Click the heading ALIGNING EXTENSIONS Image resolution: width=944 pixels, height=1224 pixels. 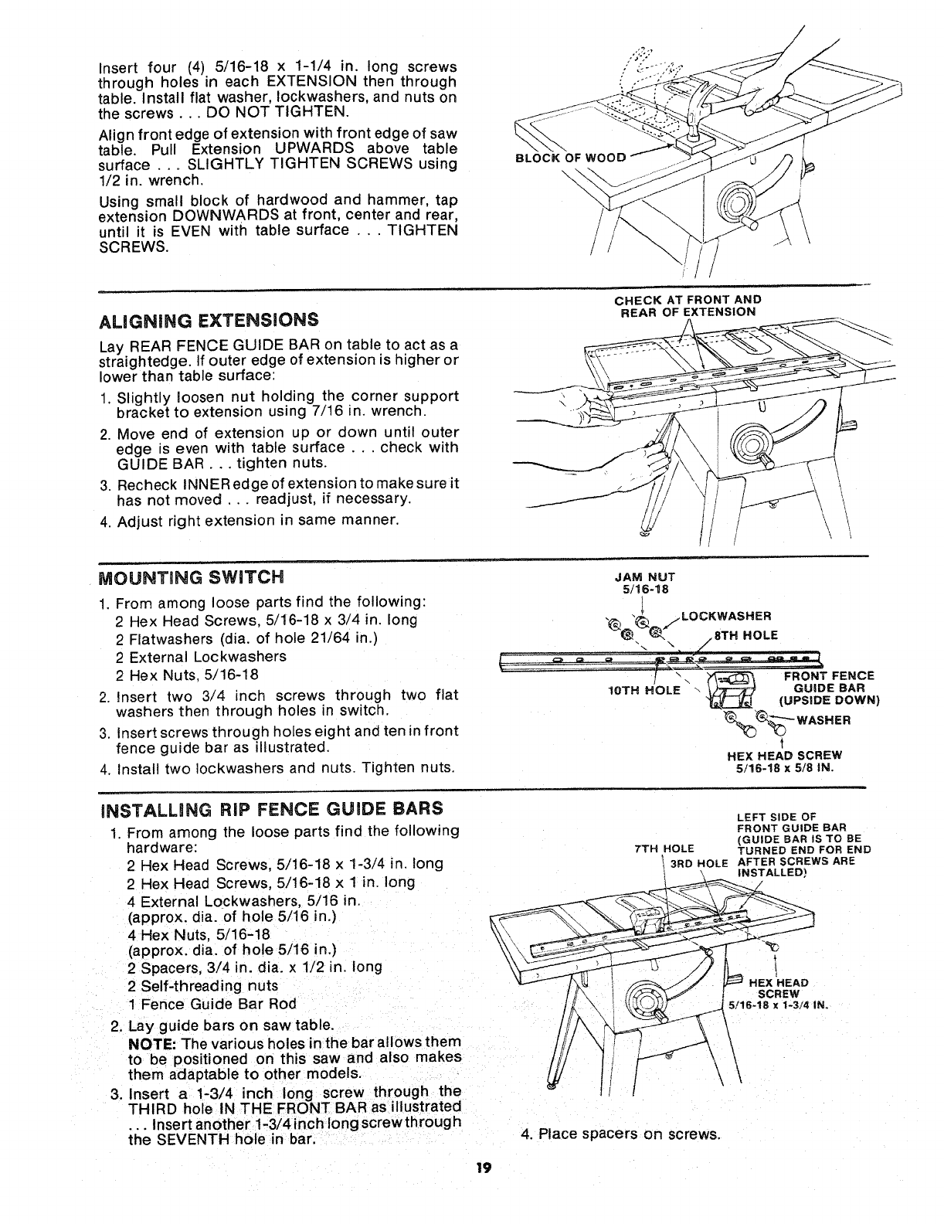coord(209,319)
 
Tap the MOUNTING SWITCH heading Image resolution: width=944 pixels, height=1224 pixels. coord(192,576)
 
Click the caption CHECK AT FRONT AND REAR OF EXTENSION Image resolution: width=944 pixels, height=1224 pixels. coord(688,305)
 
